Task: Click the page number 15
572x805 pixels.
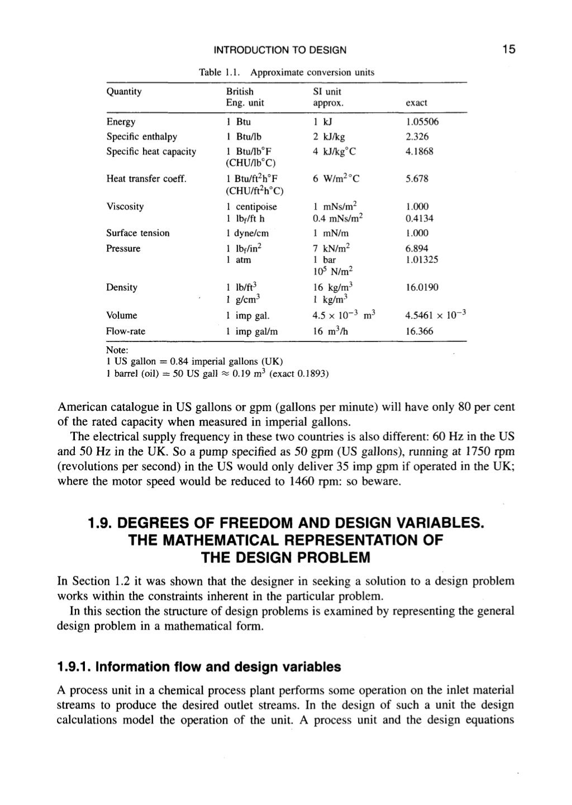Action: [508, 50]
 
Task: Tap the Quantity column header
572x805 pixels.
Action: [123, 91]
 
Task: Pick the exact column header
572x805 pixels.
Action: [416, 103]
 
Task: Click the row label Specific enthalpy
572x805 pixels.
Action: [141, 137]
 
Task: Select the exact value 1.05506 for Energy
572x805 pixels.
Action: [422, 122]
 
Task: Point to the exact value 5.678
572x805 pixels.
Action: [417, 179]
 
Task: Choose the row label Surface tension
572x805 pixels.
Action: [137, 233]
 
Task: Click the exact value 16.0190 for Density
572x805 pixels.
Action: [422, 287]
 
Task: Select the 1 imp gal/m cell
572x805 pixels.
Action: [252, 331]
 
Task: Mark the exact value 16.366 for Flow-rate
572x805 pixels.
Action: [419, 331]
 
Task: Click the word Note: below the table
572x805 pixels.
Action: [117, 350]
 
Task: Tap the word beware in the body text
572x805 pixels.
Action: [383, 481]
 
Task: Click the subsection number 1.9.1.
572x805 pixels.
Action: [75, 667]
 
